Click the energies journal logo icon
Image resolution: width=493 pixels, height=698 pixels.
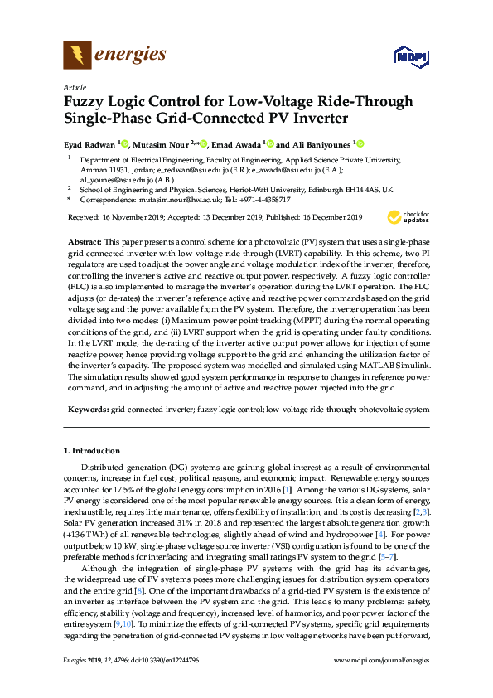click(x=77, y=56)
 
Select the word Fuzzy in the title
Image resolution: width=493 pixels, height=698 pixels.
click(x=85, y=102)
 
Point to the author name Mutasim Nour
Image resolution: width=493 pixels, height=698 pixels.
click(x=163, y=143)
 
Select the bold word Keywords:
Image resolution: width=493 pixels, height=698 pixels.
click(x=87, y=410)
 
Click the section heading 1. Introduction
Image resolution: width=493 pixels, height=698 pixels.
click(x=92, y=451)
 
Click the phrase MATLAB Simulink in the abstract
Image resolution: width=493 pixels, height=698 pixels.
click(x=390, y=366)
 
